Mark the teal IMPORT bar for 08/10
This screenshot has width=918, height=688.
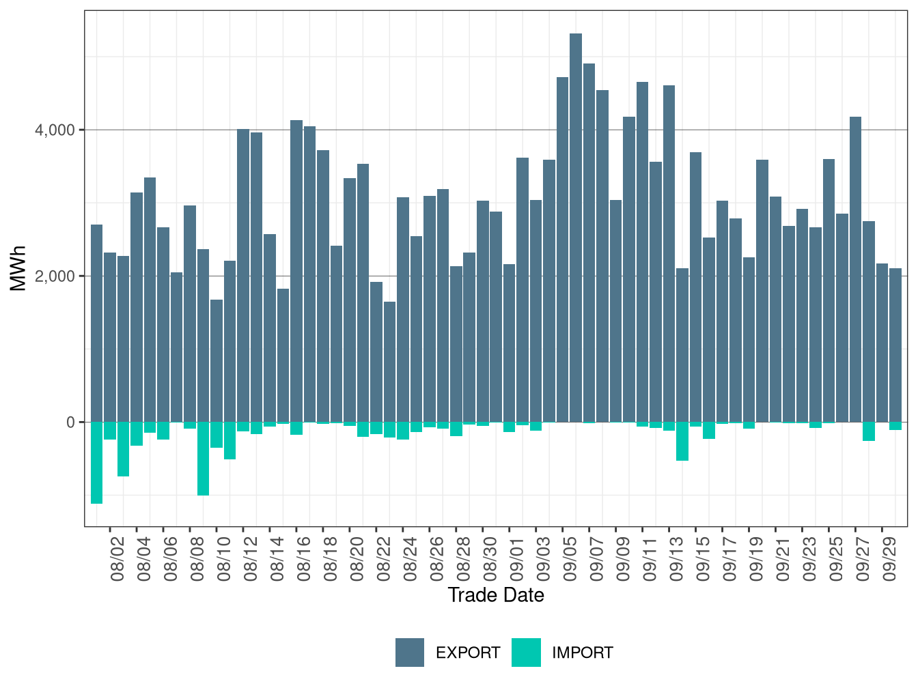point(217,435)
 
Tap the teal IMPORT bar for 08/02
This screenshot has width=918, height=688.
point(110,431)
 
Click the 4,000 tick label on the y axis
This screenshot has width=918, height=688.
point(55,130)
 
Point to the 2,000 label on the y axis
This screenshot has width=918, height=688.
point(55,276)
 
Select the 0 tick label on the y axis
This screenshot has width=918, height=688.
point(70,422)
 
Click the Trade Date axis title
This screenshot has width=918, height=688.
point(496,595)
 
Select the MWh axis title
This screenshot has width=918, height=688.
point(18,268)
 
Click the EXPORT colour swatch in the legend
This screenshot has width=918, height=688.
point(410,653)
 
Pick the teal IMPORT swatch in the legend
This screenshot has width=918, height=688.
point(526,653)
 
